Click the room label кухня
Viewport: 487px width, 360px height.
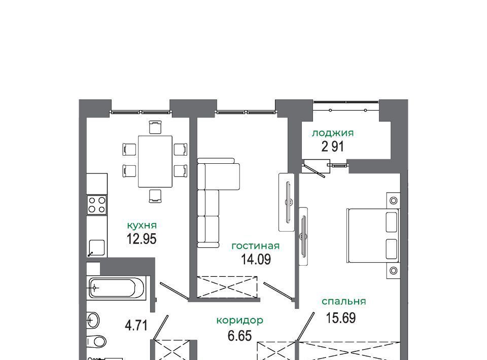click(142, 225)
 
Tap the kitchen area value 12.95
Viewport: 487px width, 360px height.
click(142, 239)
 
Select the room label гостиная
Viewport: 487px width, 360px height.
click(256, 246)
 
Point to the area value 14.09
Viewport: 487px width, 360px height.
click(256, 259)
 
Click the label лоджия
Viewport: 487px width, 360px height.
click(333, 133)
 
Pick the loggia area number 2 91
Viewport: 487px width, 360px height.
click(333, 147)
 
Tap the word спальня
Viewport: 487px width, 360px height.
click(344, 301)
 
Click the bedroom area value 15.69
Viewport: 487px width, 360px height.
click(341, 318)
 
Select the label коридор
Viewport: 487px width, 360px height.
click(240, 320)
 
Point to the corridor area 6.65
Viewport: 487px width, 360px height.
click(239, 336)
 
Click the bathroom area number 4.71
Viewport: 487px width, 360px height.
click(136, 326)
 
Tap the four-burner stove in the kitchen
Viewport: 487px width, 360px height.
click(96, 205)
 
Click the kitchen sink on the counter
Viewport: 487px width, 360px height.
click(96, 247)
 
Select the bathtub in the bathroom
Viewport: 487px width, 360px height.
click(116, 288)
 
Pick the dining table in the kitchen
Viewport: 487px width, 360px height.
click(155, 161)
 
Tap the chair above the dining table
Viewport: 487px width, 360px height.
click(155, 127)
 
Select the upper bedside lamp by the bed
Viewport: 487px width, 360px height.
click(394, 200)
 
